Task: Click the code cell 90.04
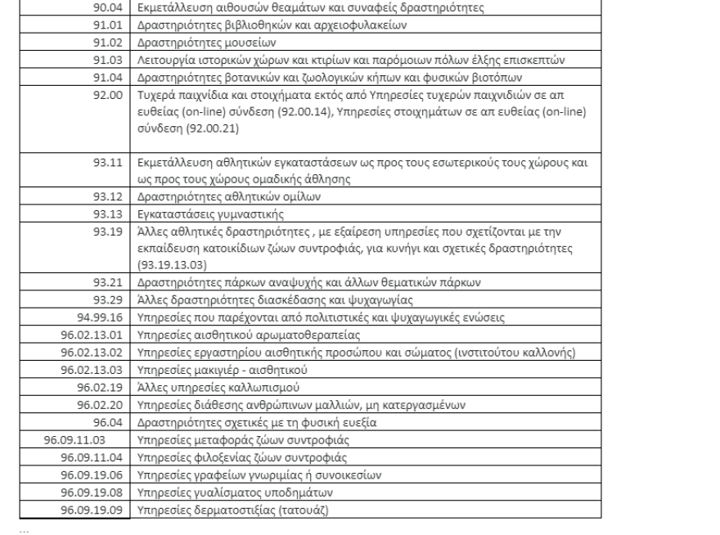(111, 8)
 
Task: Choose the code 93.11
(111, 163)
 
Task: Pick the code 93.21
(111, 281)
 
